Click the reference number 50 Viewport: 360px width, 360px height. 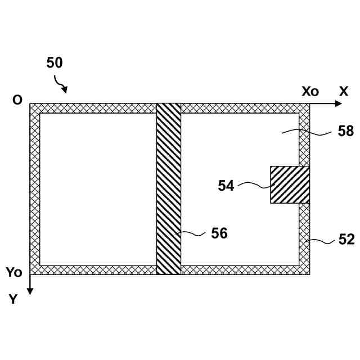(x=54, y=63)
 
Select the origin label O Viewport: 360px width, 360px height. (x=17, y=100)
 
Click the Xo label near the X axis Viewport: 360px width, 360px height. (x=310, y=91)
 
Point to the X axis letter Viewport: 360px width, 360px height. (x=343, y=91)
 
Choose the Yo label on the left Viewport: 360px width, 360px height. (x=14, y=273)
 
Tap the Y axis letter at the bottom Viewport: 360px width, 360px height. (x=13, y=299)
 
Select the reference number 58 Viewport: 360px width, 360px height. (x=346, y=131)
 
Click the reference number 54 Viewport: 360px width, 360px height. (x=226, y=186)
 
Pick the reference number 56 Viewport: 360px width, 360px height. (x=219, y=233)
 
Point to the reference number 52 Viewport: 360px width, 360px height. (x=346, y=240)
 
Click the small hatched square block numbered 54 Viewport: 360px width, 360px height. (x=290, y=184)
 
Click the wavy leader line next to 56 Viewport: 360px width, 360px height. (x=193, y=233)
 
